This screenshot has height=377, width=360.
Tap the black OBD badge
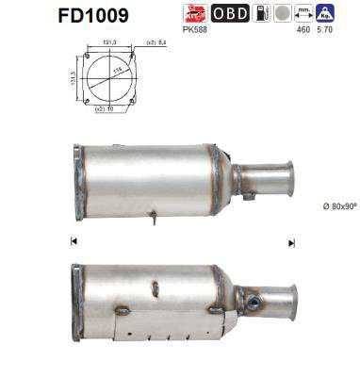pyautogui.click(x=230, y=13)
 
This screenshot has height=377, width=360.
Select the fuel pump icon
pyautogui.click(x=260, y=13)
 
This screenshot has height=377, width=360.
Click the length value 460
pyautogui.click(x=303, y=30)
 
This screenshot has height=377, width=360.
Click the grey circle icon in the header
pyautogui.click(x=281, y=13)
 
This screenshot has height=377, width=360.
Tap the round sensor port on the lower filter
pyautogui.click(x=254, y=303)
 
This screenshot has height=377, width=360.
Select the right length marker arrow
pyautogui.click(x=291, y=242)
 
